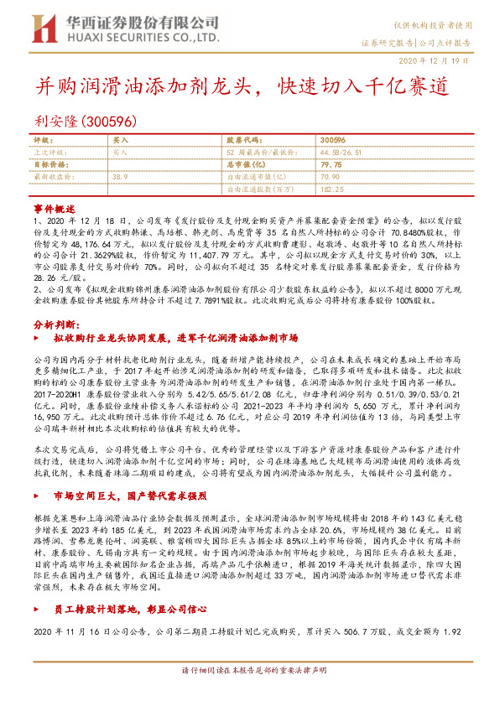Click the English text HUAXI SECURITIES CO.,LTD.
pos(118,35)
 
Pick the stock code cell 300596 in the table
pos(333,142)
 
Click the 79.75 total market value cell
pos(332,165)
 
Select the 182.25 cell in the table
pos(333,189)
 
